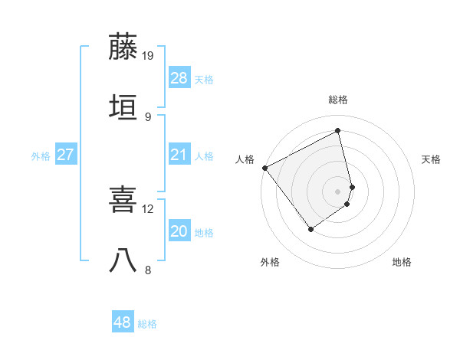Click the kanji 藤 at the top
[123, 47]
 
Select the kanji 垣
[123, 107]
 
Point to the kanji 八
[123, 260]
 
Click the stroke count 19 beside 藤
[148, 56]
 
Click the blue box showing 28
[179, 78]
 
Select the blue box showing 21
[179, 155]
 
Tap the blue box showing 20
[179, 231]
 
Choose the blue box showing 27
[66, 155]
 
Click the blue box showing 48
[123, 322]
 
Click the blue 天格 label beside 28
[204, 80]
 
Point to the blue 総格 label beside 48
[147, 324]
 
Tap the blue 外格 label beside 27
[41, 156]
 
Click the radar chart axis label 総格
[338, 100]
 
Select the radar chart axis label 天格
[432, 159]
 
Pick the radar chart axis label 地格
[402, 263]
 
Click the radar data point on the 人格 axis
[264, 168]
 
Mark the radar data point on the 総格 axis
[338, 130]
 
